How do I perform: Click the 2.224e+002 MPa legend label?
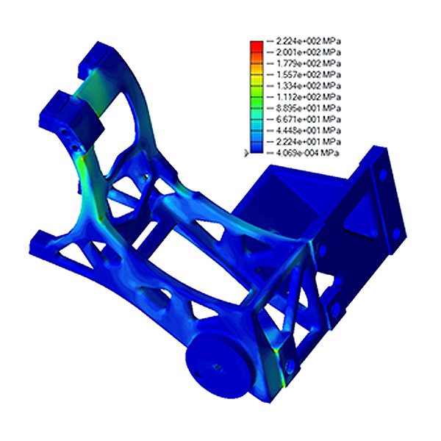(x=309, y=41)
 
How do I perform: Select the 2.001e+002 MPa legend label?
(x=309, y=52)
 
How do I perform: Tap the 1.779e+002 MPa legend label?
(x=309, y=63)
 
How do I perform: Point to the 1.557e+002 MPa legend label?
(x=309, y=75)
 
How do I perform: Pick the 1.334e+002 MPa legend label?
(x=309, y=86)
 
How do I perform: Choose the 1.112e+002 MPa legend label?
(x=309, y=97)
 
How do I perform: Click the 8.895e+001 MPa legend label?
(x=309, y=108)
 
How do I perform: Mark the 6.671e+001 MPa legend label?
(x=309, y=120)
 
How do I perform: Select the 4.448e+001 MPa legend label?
(x=309, y=131)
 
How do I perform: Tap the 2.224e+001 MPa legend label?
(x=309, y=141)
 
